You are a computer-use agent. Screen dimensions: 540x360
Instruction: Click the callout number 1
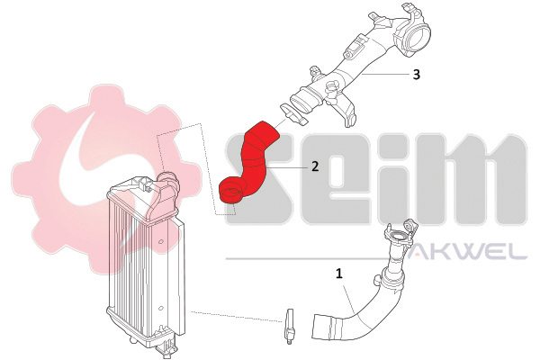339,274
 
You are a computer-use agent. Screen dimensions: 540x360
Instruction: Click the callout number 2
315,166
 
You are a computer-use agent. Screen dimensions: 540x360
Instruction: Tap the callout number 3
417,74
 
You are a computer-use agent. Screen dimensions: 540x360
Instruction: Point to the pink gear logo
103,179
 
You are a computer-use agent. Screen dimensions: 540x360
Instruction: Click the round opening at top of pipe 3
418,38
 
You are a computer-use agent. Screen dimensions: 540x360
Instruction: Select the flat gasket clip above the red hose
293,114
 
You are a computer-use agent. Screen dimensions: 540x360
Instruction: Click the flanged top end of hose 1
400,235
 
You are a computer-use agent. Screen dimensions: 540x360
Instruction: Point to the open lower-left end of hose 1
321,327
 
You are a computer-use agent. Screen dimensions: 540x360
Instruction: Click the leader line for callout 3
385,74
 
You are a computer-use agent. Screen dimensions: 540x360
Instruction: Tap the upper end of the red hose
266,130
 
